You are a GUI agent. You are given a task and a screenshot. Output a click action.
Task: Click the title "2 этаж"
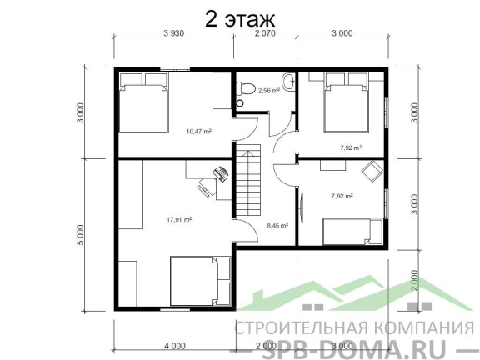pos(240,19)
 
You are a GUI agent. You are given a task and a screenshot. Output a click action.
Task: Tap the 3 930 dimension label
pos(174,33)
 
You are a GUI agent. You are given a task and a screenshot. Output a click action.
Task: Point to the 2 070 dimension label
pos(265,33)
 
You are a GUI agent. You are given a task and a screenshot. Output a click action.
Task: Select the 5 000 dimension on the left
pos(80,235)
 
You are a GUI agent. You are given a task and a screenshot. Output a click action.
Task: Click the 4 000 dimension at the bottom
pos(175,346)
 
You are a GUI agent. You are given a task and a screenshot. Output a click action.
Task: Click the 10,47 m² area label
pos(199,132)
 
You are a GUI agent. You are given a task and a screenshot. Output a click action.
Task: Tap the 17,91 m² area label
pos(179,219)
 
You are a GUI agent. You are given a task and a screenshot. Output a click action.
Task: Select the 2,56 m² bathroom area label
pos(269,91)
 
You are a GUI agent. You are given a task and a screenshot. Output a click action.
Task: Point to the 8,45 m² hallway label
pos(277,226)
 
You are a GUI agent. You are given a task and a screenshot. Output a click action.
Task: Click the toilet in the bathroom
pos(246,88)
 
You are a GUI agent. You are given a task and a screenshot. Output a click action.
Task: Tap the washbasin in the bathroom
pos(288,82)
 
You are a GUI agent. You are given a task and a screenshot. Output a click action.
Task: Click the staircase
pos(248,181)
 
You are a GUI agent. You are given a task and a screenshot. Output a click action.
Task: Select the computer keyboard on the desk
pos(219,175)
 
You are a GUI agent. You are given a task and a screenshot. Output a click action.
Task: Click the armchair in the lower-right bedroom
pos(372,171)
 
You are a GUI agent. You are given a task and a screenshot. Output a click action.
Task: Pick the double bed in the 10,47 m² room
pos(143,102)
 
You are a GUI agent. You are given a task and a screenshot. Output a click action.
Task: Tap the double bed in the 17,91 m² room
pos(200,281)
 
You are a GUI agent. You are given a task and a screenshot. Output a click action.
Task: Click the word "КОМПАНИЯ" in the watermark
pos(425,327)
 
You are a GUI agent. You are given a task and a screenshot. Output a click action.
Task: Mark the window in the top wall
pos(175,69)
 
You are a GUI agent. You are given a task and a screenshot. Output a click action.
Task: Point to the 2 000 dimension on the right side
pos(414,280)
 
